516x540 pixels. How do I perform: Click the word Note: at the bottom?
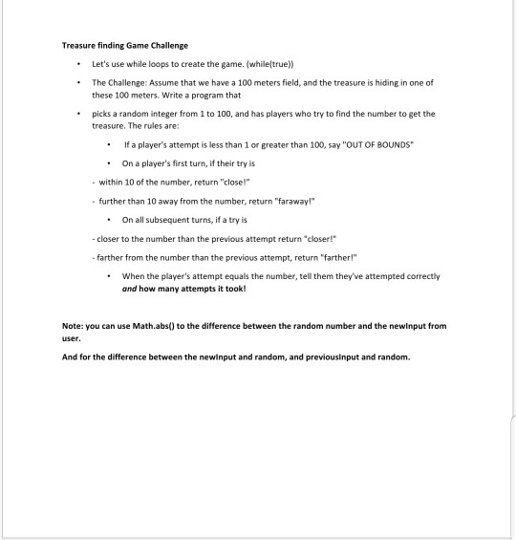coord(75,325)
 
